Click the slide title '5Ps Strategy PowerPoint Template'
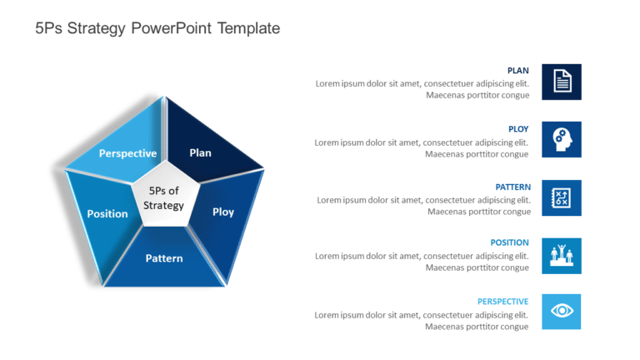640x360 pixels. point(157,28)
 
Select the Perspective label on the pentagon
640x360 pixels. point(127,153)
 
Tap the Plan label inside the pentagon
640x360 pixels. point(200,153)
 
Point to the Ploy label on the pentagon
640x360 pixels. point(223,212)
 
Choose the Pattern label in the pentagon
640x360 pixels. point(164,258)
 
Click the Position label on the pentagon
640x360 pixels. point(107,214)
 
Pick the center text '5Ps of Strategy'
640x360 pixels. point(163,198)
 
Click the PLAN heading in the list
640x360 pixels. point(518,71)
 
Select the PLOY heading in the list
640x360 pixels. point(518,129)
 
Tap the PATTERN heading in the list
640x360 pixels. point(513,187)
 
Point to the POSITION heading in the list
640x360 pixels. point(509,242)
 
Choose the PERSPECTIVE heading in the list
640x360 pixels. point(502,302)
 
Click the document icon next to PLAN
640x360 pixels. point(562,82)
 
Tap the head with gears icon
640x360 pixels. point(562,140)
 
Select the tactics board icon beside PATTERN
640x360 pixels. point(562,198)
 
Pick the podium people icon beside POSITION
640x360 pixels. point(562,256)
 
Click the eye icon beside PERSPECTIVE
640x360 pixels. point(562,312)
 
